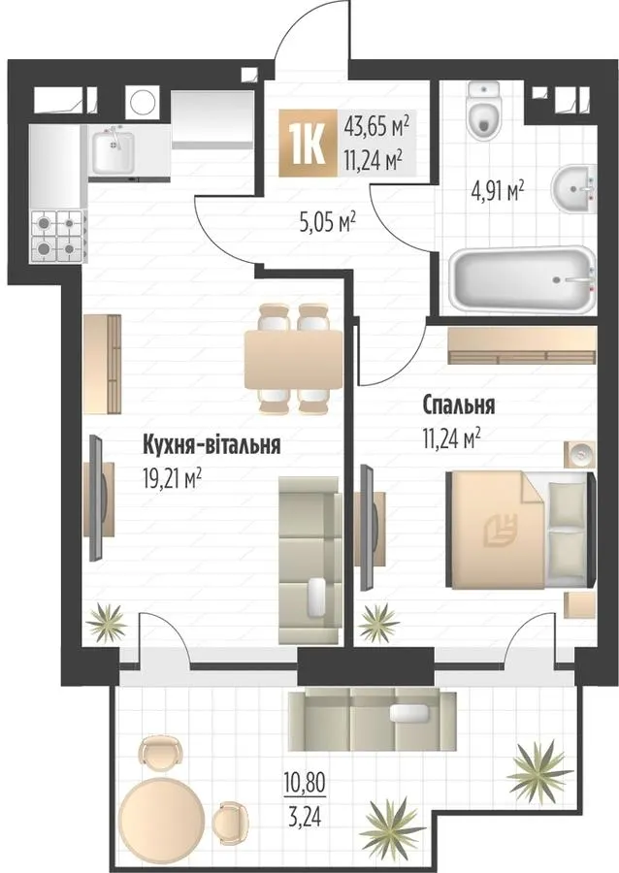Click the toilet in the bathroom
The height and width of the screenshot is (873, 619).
click(485, 111)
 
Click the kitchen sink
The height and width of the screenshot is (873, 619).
click(113, 151)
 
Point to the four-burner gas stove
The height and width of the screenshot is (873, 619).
click(59, 236)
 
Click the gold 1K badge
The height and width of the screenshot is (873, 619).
click(309, 143)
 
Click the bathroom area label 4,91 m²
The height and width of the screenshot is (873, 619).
click(497, 191)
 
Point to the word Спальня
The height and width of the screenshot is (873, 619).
click(459, 405)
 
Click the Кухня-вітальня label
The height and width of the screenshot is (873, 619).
click(212, 445)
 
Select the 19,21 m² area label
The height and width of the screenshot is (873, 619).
click(172, 478)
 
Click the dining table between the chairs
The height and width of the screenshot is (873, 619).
click(294, 359)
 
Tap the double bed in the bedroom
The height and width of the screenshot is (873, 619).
click(521, 530)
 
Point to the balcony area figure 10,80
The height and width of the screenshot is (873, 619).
click(305, 784)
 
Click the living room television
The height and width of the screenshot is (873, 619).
click(97, 499)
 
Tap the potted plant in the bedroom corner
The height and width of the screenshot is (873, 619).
click(378, 623)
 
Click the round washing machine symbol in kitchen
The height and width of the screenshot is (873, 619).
click(142, 103)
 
